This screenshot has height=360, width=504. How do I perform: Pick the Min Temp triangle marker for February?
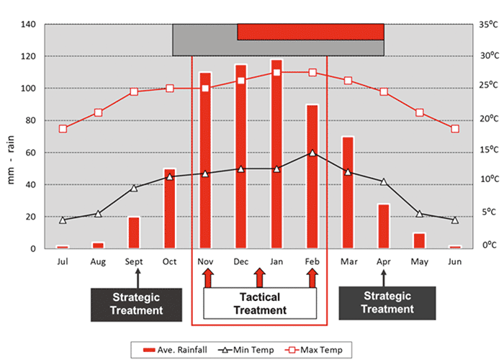click(312, 153)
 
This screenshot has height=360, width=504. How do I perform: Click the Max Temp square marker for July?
click(63, 129)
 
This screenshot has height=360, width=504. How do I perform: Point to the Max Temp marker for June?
click(454, 129)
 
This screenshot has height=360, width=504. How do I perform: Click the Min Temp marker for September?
click(134, 188)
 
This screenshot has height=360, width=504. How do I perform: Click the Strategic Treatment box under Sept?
click(135, 303)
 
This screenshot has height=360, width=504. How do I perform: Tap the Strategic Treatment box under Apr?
click(387, 302)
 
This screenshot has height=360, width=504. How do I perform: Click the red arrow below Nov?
click(207, 278)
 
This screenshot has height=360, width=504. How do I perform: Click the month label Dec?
click(241, 261)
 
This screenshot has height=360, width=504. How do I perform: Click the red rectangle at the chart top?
click(310, 32)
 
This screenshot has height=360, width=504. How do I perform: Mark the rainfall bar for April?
click(383, 226)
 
